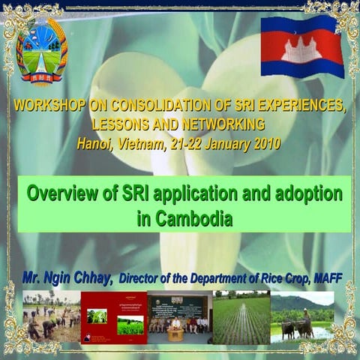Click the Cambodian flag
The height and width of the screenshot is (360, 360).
click(x=302, y=46)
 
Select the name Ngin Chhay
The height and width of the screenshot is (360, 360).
click(x=80, y=278)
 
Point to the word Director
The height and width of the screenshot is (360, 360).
click(x=142, y=279)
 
